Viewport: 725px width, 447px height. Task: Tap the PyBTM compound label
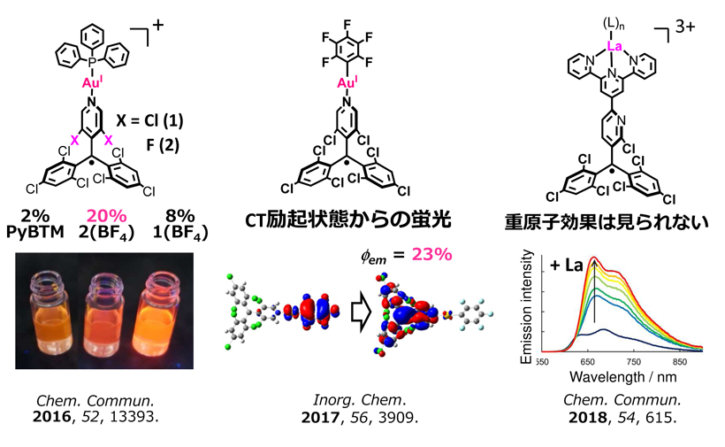pos(35,235)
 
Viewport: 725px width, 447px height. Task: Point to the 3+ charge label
pos(685,30)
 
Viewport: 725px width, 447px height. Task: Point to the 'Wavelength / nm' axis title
pos(619,376)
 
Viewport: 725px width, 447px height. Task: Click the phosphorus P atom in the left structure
pos(92,62)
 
